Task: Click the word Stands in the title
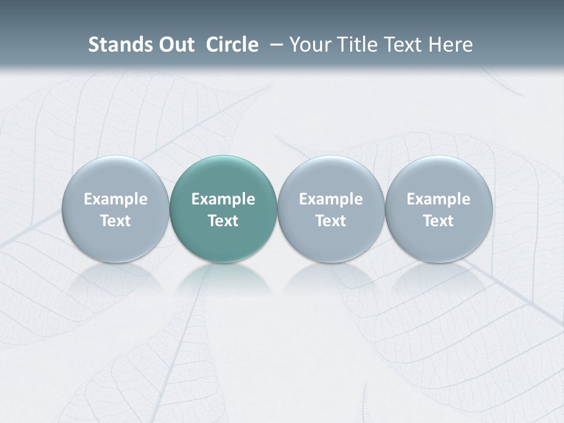(120, 45)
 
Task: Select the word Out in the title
(176, 45)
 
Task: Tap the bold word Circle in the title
(232, 45)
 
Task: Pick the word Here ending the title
(450, 45)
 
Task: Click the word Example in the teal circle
(223, 199)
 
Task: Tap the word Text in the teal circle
(223, 221)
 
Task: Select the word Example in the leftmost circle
(115, 199)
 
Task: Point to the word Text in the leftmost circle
(115, 221)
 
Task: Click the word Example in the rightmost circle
(439, 199)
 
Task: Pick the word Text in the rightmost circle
(439, 221)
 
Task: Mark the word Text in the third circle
(331, 221)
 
